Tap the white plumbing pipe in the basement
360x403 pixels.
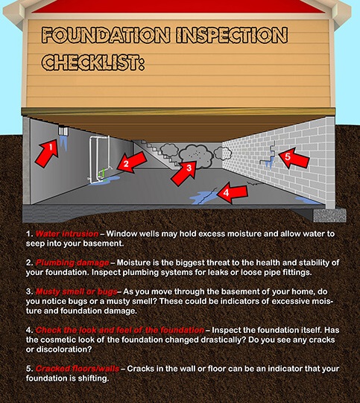[x=96, y=157]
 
